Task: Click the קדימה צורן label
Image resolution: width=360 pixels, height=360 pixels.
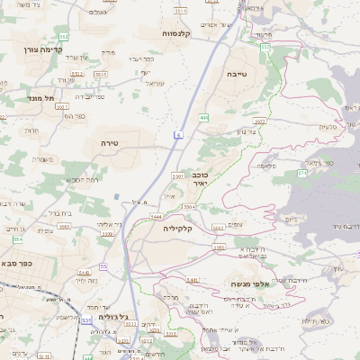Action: click(x=42, y=49)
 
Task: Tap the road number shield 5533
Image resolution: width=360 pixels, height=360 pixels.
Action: click(x=101, y=75)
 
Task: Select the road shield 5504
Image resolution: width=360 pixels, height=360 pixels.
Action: click(x=189, y=207)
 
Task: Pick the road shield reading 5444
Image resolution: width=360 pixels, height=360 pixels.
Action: click(x=156, y=217)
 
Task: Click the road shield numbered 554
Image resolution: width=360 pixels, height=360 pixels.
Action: click(x=17, y=239)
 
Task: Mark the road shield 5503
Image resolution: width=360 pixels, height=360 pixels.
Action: click(x=260, y=121)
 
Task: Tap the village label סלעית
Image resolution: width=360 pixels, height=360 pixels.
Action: click(x=328, y=127)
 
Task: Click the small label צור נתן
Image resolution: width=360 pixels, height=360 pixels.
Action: click(x=245, y=132)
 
